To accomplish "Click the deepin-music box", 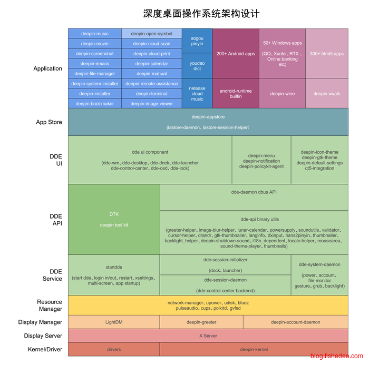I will (95, 34).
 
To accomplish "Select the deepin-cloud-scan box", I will (151, 44).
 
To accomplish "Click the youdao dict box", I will (197, 65).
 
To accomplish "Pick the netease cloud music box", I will (197, 94).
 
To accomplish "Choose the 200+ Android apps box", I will (236, 54).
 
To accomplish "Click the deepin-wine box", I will (282, 94).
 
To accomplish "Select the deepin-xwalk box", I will (326, 94).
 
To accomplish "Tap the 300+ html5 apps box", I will (326, 54).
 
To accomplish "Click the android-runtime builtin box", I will (236, 94).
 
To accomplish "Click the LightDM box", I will (114, 322).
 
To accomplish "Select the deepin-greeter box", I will (201, 322).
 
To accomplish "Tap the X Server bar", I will (208, 336).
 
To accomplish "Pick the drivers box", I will (114, 349).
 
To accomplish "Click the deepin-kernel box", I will (254, 349).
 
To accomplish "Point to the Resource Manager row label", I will (50, 305).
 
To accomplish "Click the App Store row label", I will (49, 122).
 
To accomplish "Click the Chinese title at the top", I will (201, 13).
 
